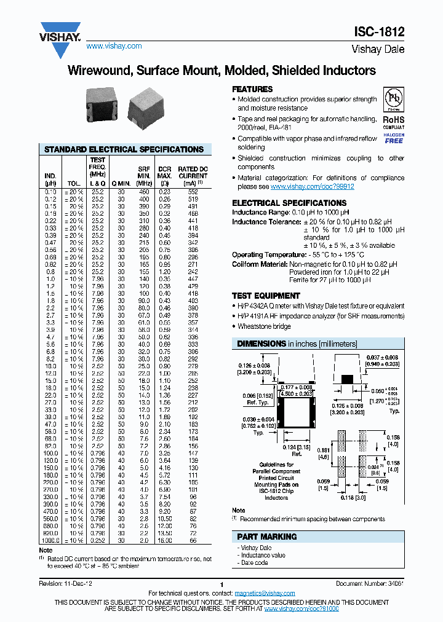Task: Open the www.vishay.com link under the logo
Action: click(x=114, y=46)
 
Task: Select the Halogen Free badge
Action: click(x=394, y=138)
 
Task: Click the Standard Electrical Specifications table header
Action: click(x=124, y=149)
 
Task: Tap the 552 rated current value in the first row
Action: click(x=193, y=192)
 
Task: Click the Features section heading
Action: click(x=252, y=89)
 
